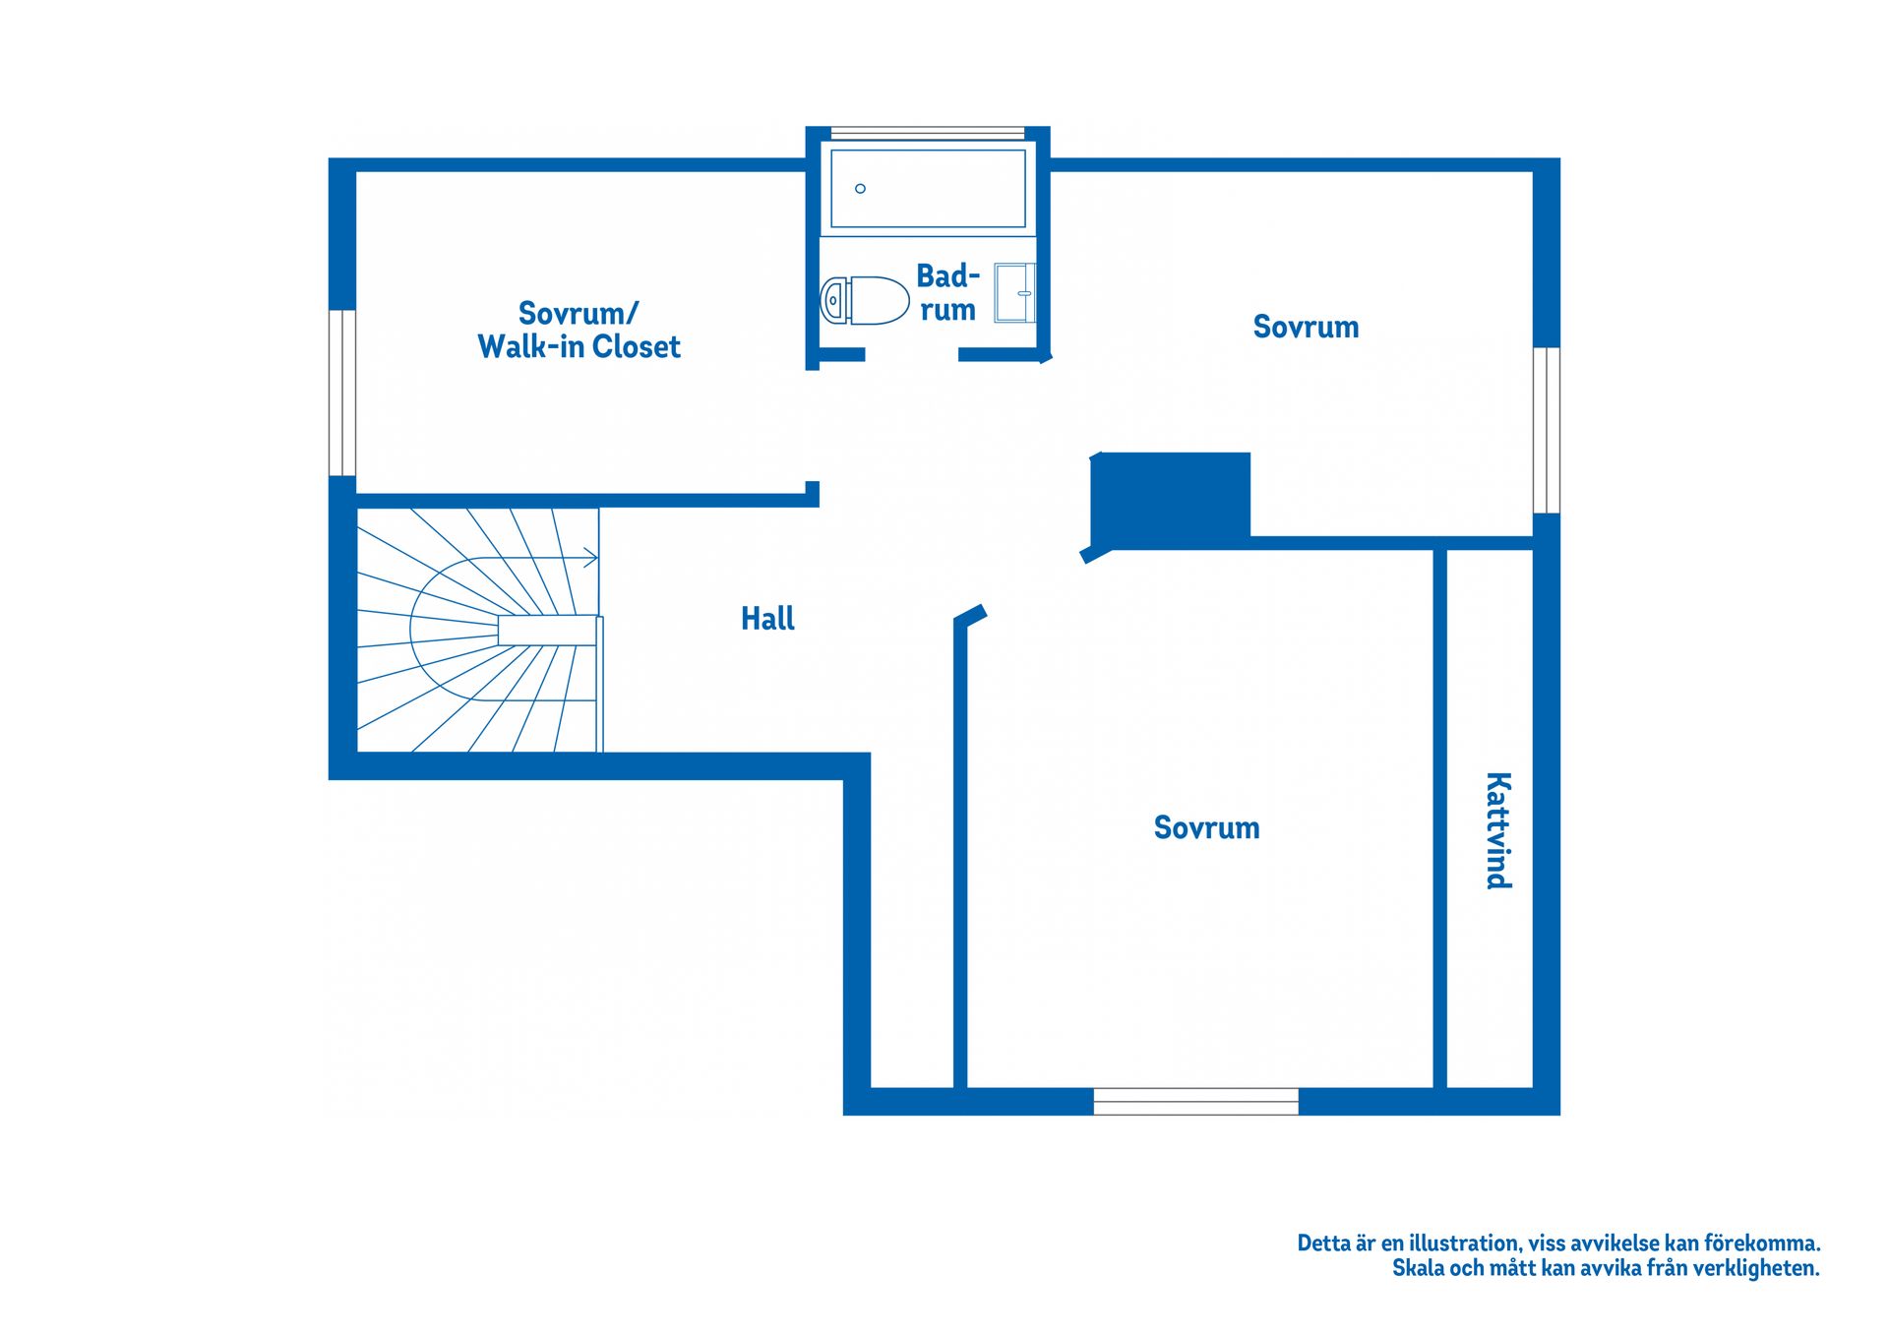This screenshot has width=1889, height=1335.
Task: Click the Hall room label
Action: (767, 619)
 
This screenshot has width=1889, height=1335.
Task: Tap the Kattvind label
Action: (1497, 831)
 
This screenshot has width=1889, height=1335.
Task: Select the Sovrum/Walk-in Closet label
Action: (579, 331)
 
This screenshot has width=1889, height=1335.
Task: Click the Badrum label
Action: (947, 292)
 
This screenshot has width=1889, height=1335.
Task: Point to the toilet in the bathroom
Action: (865, 300)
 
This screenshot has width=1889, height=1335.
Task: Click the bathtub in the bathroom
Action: (928, 188)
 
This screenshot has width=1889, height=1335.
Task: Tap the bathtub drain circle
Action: (860, 189)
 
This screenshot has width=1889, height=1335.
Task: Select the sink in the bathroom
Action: (1014, 292)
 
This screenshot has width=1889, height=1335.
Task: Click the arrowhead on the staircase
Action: (591, 558)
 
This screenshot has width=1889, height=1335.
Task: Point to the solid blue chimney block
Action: (1171, 500)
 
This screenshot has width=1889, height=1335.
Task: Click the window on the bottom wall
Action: (1195, 1102)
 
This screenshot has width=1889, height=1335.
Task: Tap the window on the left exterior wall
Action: (341, 393)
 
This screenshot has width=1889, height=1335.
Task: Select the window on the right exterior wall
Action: (1547, 430)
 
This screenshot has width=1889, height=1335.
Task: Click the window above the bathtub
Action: (928, 132)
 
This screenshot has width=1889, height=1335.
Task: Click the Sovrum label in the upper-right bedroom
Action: (1306, 327)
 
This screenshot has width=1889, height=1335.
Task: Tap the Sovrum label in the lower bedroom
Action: (1206, 827)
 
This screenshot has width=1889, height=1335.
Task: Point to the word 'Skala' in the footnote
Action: (1418, 1269)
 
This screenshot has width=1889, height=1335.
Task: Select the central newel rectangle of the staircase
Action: (548, 631)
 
